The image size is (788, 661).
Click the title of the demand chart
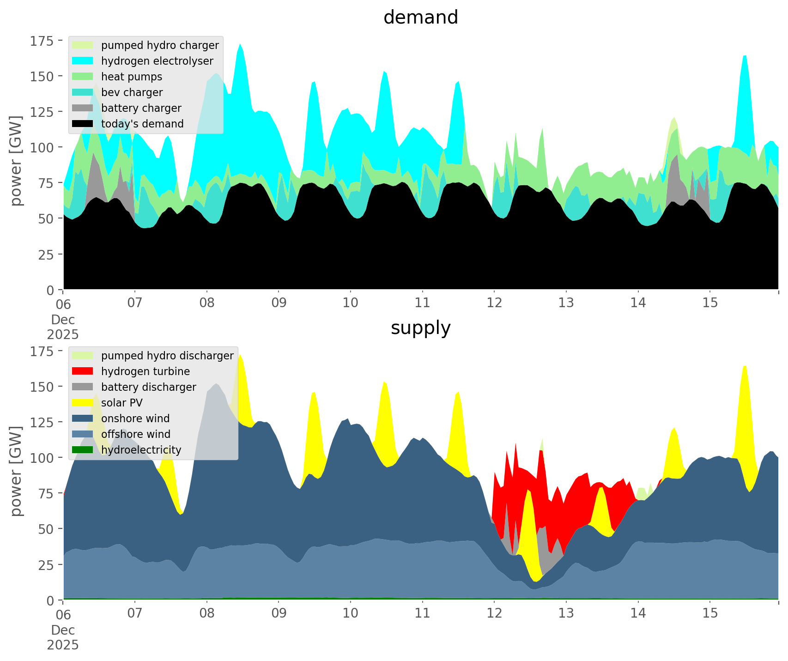420,18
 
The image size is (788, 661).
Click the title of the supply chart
420,328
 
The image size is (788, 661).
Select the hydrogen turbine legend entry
145,371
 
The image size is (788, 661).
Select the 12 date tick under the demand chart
494,303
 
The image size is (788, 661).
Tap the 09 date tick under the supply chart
279,613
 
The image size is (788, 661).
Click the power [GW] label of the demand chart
16,161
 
